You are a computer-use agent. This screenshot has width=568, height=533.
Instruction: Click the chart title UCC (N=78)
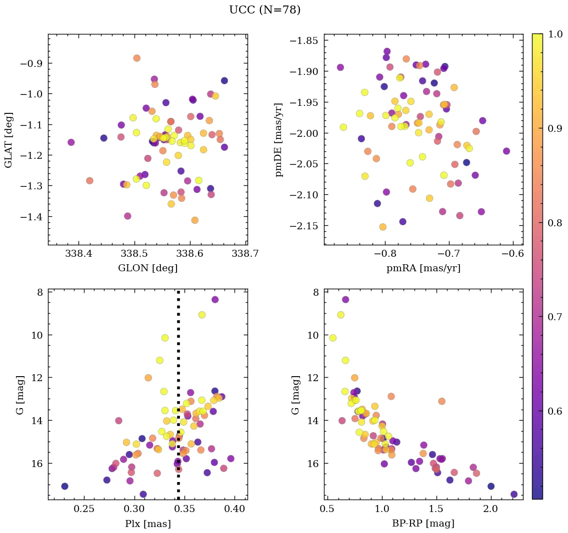coord(264,10)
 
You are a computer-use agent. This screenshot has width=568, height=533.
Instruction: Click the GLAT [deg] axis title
coord(8,139)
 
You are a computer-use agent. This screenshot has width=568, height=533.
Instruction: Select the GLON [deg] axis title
coord(147,268)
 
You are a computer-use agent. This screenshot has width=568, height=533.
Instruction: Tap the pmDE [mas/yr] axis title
coord(279,139)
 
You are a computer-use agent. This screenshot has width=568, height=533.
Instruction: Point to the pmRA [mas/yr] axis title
coord(423,268)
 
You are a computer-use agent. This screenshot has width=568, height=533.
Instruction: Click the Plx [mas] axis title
coord(147,524)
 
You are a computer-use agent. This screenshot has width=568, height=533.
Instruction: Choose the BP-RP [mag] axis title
coord(423,524)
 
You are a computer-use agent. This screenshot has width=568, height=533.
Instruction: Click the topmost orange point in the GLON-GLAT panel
coord(136,58)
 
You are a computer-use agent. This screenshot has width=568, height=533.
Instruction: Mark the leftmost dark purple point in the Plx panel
coord(64,486)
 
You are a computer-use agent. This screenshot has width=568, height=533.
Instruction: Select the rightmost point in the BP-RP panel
coord(514,494)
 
